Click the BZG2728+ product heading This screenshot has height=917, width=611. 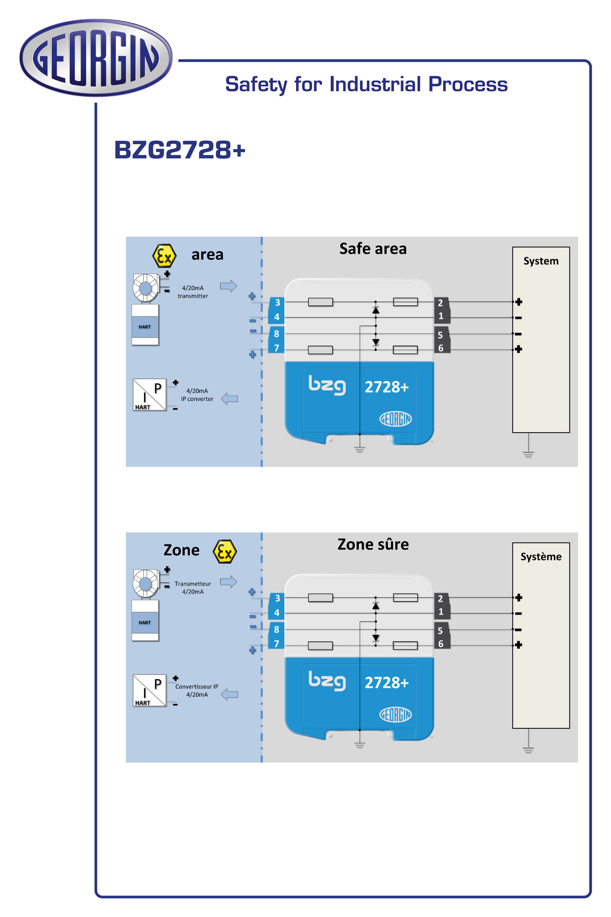click(x=180, y=150)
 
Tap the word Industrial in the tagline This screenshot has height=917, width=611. click(x=375, y=84)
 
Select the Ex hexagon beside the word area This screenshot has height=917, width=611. click(x=164, y=256)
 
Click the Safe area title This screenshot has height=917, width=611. click(x=373, y=249)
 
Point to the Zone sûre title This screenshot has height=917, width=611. click(x=373, y=545)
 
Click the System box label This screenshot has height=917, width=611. click(x=541, y=261)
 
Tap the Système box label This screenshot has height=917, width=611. click(x=541, y=557)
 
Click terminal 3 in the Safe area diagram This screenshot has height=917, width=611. click(x=277, y=303)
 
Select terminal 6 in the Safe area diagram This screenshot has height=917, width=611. click(x=441, y=348)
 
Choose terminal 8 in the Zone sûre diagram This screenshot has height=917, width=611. click(x=276, y=629)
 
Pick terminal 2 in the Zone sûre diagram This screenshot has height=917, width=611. click(x=440, y=598)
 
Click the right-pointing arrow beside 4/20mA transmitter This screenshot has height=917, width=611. click(x=228, y=286)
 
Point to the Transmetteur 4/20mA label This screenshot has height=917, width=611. click(x=193, y=588)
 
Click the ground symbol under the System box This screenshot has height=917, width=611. click(x=528, y=453)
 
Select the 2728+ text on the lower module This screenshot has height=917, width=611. click(x=386, y=683)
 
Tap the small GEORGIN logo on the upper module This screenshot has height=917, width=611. click(x=396, y=419)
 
